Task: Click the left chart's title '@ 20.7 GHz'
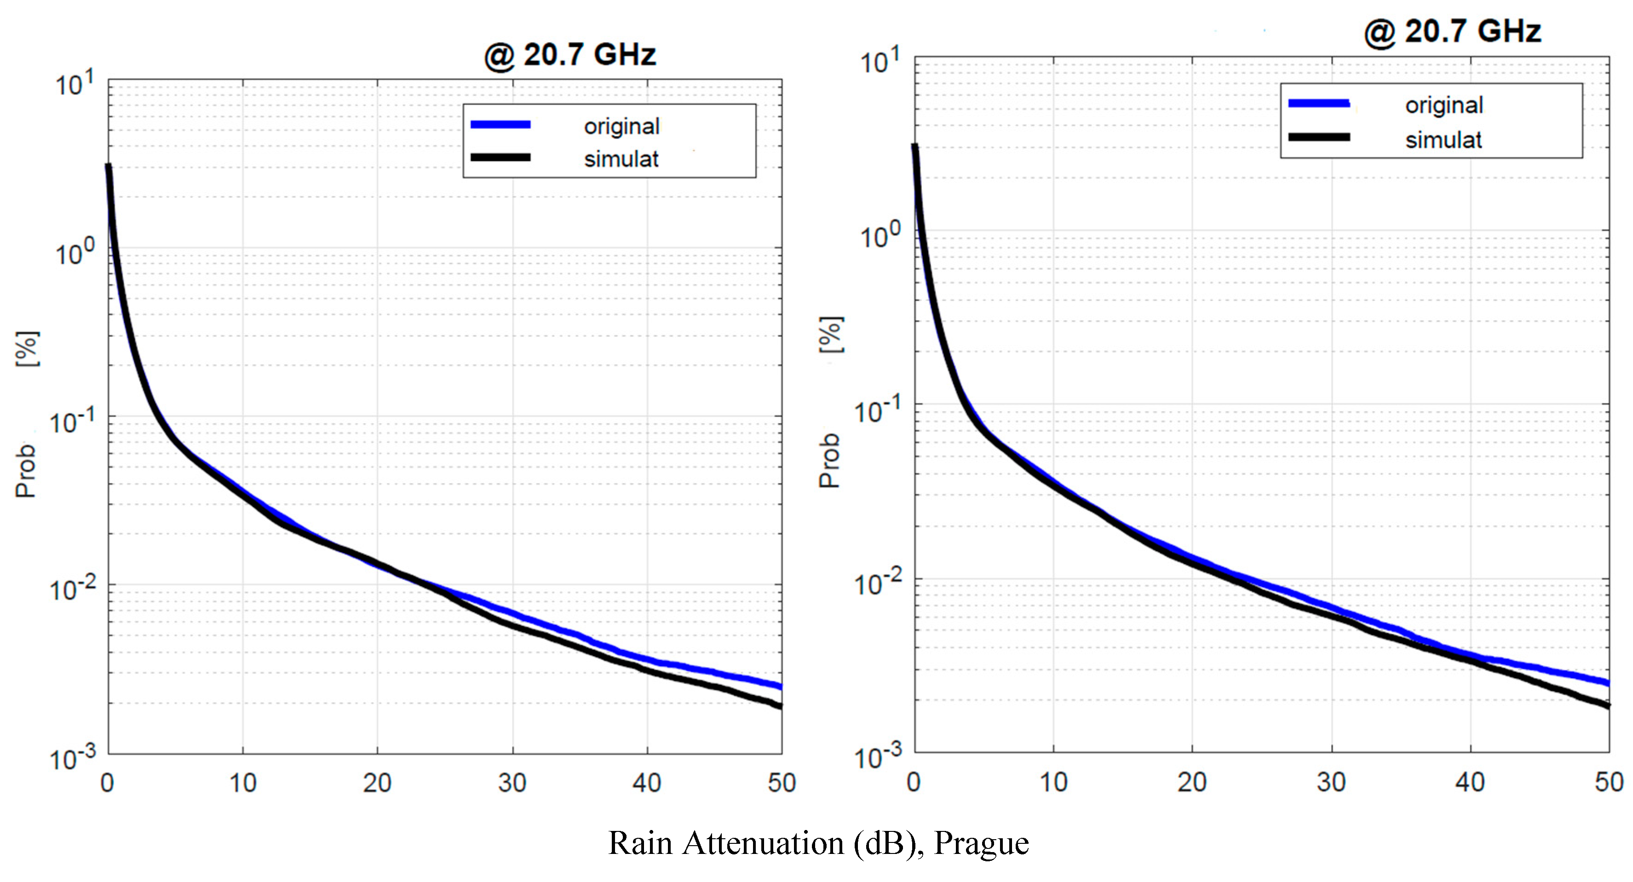click(x=569, y=55)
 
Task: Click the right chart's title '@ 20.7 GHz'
click(x=1452, y=31)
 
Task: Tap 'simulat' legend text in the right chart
click(x=1443, y=140)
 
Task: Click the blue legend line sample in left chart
click(x=500, y=125)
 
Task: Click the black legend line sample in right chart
click(x=1318, y=137)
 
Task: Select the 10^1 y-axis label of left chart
click(x=75, y=84)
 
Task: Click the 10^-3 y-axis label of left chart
click(x=74, y=758)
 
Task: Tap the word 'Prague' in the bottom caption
click(x=981, y=843)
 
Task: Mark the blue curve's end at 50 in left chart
click(x=780, y=686)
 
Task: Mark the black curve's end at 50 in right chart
click(x=1607, y=704)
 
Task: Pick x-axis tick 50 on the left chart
click(x=782, y=783)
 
